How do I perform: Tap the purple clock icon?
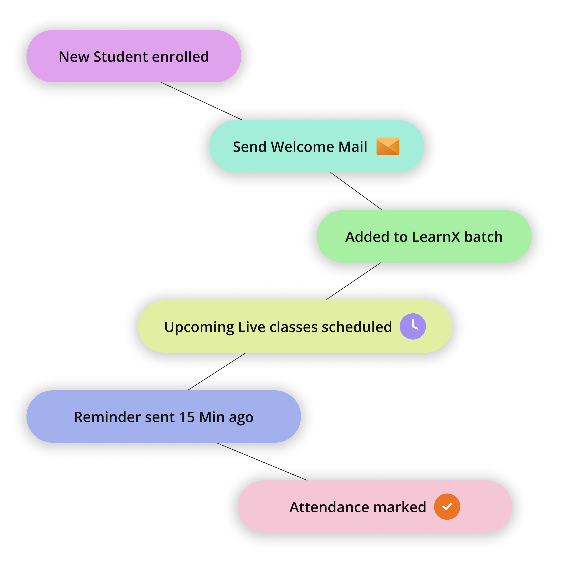click(413, 326)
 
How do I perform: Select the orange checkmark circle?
click(447, 507)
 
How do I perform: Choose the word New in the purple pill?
click(74, 57)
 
